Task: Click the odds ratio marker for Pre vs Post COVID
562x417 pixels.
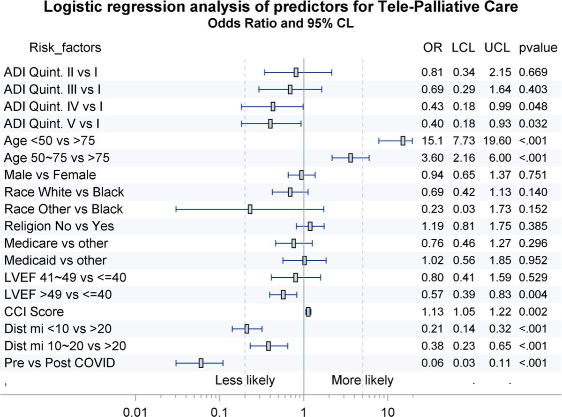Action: tap(201, 363)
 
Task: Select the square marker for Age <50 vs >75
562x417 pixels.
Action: tap(403, 141)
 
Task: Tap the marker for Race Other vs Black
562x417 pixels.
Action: tap(250, 209)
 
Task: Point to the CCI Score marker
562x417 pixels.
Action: tap(308, 312)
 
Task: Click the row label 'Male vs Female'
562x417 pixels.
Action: tap(50, 175)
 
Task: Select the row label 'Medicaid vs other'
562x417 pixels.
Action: tap(55, 260)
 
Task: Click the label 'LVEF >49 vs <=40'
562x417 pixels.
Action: tap(58, 295)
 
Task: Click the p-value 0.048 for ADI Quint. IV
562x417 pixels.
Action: tap(533, 106)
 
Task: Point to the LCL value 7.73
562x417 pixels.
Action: tap(464, 141)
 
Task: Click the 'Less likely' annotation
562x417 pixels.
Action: tap(245, 380)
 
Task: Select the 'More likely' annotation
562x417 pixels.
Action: tap(362, 380)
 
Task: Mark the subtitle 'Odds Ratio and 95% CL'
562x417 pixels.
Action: tap(281, 24)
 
